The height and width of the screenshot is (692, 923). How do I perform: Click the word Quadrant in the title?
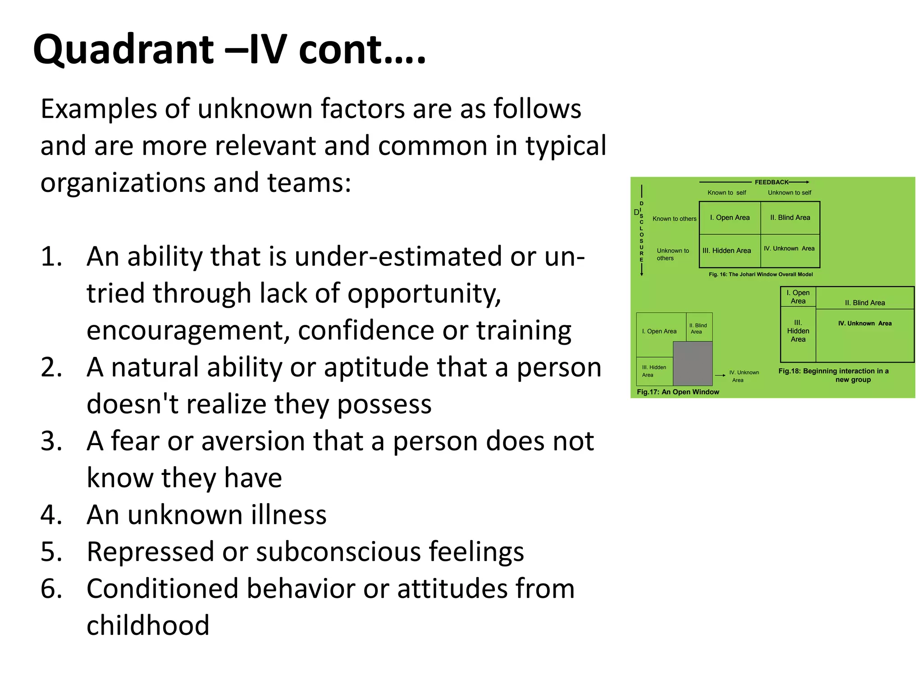pyautogui.click(x=123, y=50)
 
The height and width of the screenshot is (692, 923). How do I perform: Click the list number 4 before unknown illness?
pyautogui.click(x=51, y=514)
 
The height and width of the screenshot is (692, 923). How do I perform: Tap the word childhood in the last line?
pyautogui.click(x=148, y=625)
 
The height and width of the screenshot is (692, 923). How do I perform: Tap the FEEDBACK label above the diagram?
pyautogui.click(x=772, y=182)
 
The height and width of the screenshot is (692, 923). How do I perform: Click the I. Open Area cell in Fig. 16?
pyautogui.click(x=730, y=218)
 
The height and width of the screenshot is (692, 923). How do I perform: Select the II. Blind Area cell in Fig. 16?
pyautogui.click(x=790, y=218)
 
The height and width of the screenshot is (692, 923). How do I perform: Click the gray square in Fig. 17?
pyautogui.click(x=693, y=363)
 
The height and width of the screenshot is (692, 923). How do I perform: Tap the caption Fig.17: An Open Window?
pyautogui.click(x=678, y=392)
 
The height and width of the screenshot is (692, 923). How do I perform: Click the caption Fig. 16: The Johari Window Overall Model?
pyautogui.click(x=761, y=274)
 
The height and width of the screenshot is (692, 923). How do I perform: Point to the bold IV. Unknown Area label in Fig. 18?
pyautogui.click(x=865, y=323)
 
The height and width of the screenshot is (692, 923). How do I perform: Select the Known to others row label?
pyautogui.click(x=674, y=219)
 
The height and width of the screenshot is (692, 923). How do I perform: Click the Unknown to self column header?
pyautogui.click(x=790, y=192)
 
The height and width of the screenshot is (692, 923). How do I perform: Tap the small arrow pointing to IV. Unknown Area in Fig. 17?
pyautogui.click(x=720, y=375)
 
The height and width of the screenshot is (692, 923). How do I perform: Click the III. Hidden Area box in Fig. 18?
pyautogui.click(x=798, y=331)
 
